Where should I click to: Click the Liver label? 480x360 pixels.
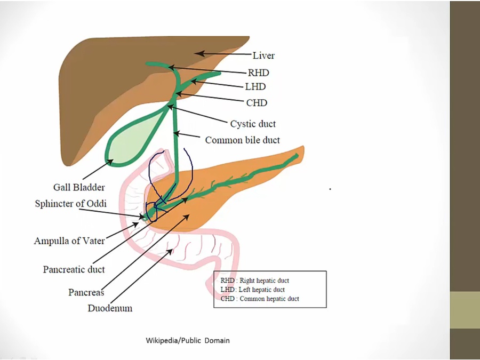(x=263, y=55)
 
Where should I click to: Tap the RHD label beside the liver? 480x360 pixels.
(x=258, y=73)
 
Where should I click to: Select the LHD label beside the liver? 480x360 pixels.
(x=255, y=86)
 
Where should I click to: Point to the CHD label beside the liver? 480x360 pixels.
(x=257, y=102)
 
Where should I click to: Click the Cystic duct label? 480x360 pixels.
(x=253, y=124)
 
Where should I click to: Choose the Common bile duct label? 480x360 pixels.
(x=243, y=140)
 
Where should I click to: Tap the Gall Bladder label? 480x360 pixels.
(x=79, y=187)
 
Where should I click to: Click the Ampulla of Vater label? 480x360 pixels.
(x=69, y=241)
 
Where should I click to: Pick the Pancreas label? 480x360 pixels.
(x=86, y=292)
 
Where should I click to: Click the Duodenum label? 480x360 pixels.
(x=110, y=308)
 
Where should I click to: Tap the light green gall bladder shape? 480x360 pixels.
(x=131, y=141)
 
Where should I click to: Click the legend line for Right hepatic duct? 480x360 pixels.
(x=255, y=280)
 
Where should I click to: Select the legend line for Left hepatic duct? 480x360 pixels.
(x=252, y=290)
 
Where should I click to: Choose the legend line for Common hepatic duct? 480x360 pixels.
(x=260, y=299)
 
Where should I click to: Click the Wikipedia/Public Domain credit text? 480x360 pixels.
(x=188, y=340)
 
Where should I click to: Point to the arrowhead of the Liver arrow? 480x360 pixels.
(x=196, y=52)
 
